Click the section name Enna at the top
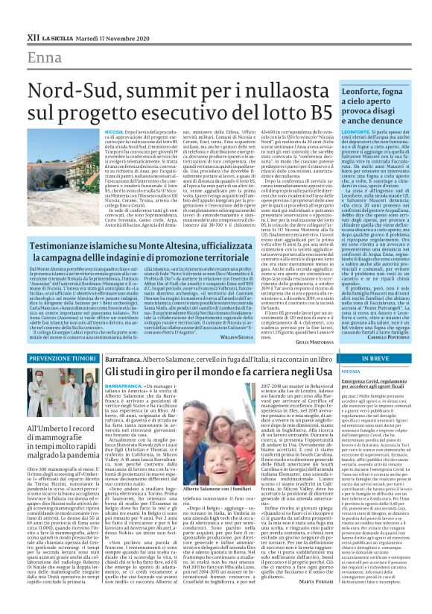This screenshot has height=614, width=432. tap(45, 58)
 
